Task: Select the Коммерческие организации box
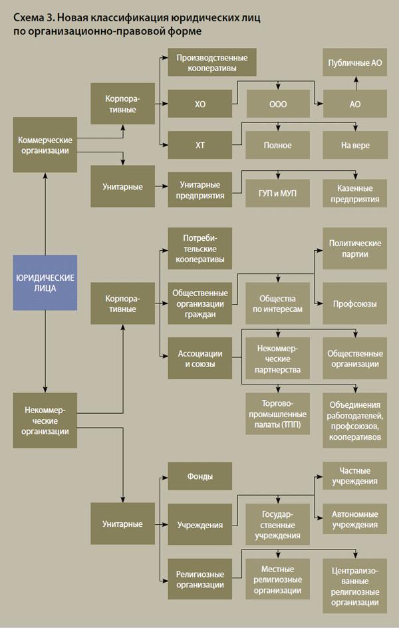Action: (x=45, y=144)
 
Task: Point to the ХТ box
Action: (x=199, y=145)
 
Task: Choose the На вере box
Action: (x=354, y=145)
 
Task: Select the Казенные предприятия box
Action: (x=354, y=193)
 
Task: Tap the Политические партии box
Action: (x=354, y=248)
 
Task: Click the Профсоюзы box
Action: (x=354, y=303)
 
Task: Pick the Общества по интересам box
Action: (x=277, y=304)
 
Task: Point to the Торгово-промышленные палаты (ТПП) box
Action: (x=277, y=413)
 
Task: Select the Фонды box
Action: (x=199, y=476)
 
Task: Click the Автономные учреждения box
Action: (x=354, y=520)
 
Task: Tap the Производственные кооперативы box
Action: (x=206, y=63)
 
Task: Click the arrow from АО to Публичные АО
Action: (x=355, y=82)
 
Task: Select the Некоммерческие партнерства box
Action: (x=277, y=358)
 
